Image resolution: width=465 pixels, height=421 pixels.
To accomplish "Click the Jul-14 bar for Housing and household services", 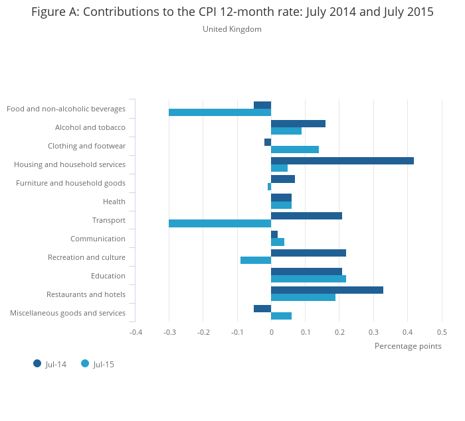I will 342,160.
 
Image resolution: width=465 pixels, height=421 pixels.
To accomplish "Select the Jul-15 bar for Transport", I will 220,223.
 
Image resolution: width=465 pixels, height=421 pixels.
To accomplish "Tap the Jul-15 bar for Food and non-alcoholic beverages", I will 220,112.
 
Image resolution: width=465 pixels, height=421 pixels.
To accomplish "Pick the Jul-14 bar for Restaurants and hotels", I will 327,290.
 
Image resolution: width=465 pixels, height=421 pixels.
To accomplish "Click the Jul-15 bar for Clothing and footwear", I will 295,149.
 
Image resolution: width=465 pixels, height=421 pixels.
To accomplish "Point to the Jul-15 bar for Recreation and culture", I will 256,260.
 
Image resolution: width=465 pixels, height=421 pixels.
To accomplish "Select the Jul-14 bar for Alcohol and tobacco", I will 298,123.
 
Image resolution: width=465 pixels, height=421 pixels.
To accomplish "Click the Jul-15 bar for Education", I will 308,278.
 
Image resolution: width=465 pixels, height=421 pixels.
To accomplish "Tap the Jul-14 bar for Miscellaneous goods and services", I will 262,308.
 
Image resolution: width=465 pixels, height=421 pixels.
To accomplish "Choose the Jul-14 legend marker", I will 37,363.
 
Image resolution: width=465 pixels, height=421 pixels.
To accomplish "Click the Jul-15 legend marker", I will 85,363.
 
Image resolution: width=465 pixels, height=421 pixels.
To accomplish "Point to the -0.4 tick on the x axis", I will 136,331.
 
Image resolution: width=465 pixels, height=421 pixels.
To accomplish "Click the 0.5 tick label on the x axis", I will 442,331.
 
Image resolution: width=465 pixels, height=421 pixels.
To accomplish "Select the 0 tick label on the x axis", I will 271,331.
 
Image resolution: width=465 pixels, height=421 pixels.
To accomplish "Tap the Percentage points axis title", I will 408,346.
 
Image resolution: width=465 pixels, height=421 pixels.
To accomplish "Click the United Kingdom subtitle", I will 232,29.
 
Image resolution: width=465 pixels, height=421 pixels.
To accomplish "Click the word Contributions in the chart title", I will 122,12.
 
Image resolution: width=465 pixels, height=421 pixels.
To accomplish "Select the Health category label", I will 114,202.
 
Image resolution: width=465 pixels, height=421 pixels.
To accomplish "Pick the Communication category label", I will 98,239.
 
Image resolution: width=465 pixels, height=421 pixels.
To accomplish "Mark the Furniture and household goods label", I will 70,183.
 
